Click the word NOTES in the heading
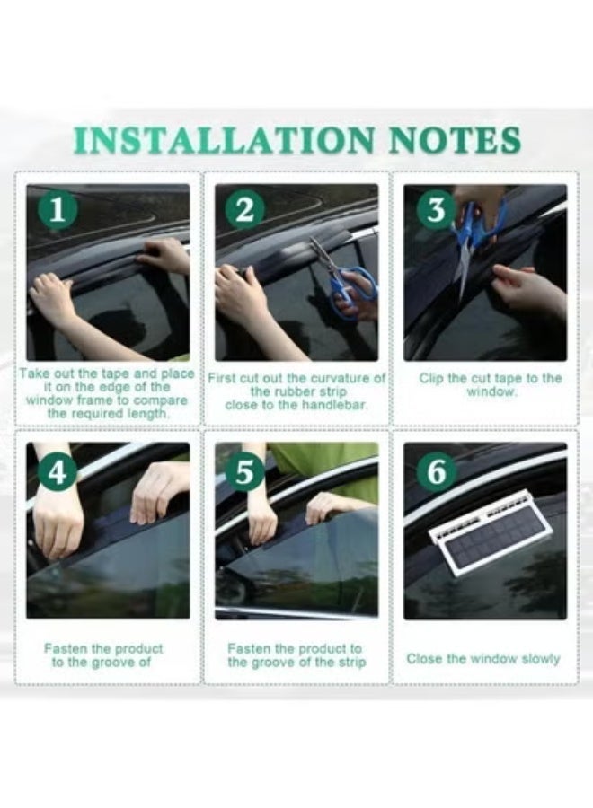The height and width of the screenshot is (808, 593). (454, 140)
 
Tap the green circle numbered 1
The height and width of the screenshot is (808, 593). (58, 211)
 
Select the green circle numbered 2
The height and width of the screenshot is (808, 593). (246, 211)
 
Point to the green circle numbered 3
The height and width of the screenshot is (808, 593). (437, 211)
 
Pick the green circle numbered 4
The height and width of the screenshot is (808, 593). (58, 471)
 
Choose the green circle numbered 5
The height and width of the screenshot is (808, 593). (246, 471)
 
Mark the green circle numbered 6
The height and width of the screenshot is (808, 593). (437, 471)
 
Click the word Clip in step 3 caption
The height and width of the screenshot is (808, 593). (431, 379)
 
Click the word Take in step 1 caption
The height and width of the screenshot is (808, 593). (34, 374)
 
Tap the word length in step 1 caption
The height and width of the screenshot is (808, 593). (148, 414)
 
